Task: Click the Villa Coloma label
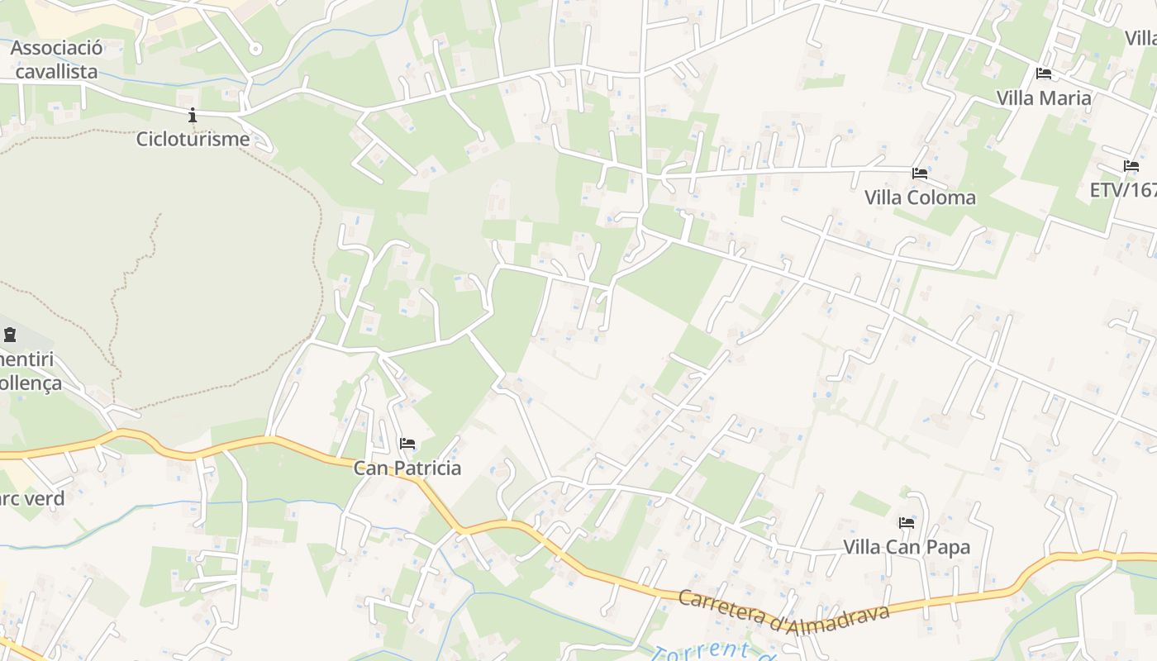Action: [x=920, y=197]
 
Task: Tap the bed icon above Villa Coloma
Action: [x=919, y=174]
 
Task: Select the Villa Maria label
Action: [x=1043, y=97]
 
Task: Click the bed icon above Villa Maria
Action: [x=1043, y=74]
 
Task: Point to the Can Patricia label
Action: [x=407, y=468]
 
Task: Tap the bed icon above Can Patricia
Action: [x=407, y=445]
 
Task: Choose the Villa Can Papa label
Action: [x=907, y=547]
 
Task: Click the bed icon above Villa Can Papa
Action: [x=907, y=523]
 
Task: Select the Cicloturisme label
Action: [x=193, y=139]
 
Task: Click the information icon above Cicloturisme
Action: [x=193, y=116]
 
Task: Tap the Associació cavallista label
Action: [x=56, y=59]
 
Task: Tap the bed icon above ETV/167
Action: [x=1131, y=167]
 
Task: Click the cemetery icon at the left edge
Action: [x=10, y=335]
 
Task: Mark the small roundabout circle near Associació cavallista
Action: [x=255, y=49]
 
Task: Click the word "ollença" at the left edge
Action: [x=31, y=383]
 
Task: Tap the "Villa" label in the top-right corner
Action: [x=1140, y=38]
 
